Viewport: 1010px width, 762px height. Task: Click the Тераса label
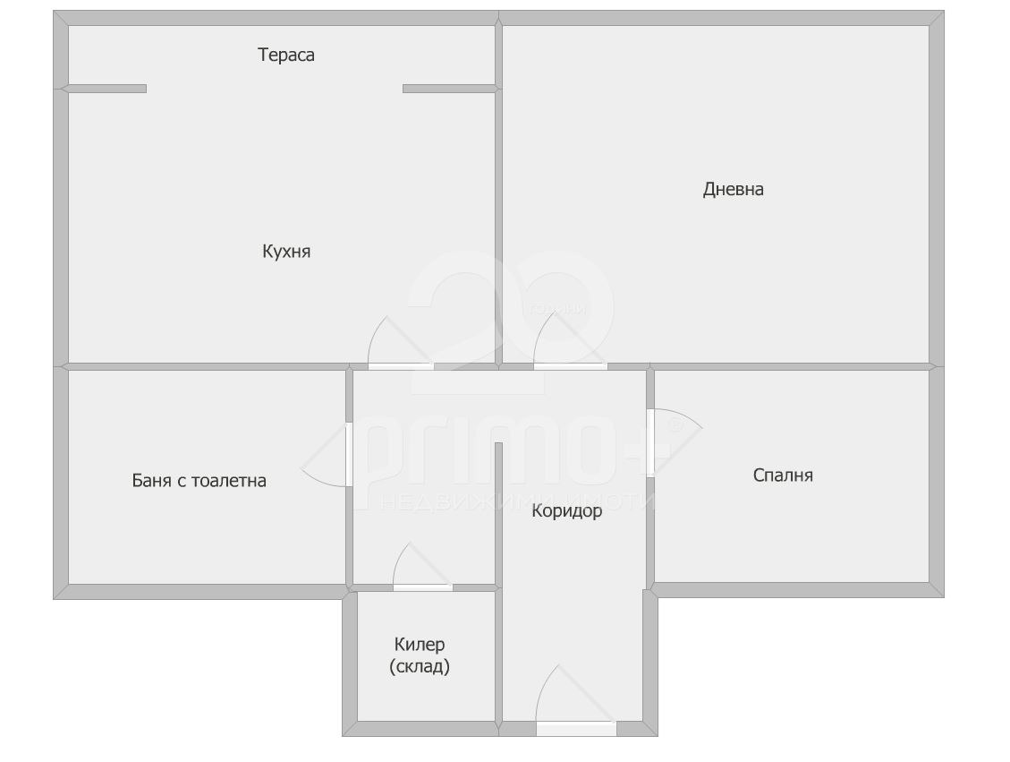pyautogui.click(x=286, y=56)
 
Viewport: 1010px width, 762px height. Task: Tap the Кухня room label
pyautogui.click(x=286, y=252)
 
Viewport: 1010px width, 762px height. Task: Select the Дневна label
pyautogui.click(x=734, y=190)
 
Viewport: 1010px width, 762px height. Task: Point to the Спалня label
pyautogui.click(x=783, y=475)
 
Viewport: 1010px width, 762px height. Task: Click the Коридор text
pyautogui.click(x=566, y=511)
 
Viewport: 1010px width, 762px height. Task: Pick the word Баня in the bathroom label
pyautogui.click(x=149, y=481)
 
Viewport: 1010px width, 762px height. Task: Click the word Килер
pyautogui.click(x=420, y=645)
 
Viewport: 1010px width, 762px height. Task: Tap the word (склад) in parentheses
pyautogui.click(x=420, y=667)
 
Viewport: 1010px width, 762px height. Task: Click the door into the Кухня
pyautogui.click(x=400, y=365)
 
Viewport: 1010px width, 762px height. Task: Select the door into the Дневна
pyautogui.click(x=570, y=365)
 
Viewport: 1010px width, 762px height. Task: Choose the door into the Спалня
pyautogui.click(x=650, y=433)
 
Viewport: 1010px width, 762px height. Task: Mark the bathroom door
pyautogui.click(x=349, y=455)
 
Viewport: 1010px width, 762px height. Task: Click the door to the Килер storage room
pyautogui.click(x=422, y=587)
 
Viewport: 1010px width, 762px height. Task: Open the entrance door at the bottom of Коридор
pyautogui.click(x=575, y=728)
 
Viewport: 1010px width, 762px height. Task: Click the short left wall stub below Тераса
pyautogui.click(x=106, y=89)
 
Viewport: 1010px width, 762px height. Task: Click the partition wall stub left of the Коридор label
pyautogui.click(x=500, y=515)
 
